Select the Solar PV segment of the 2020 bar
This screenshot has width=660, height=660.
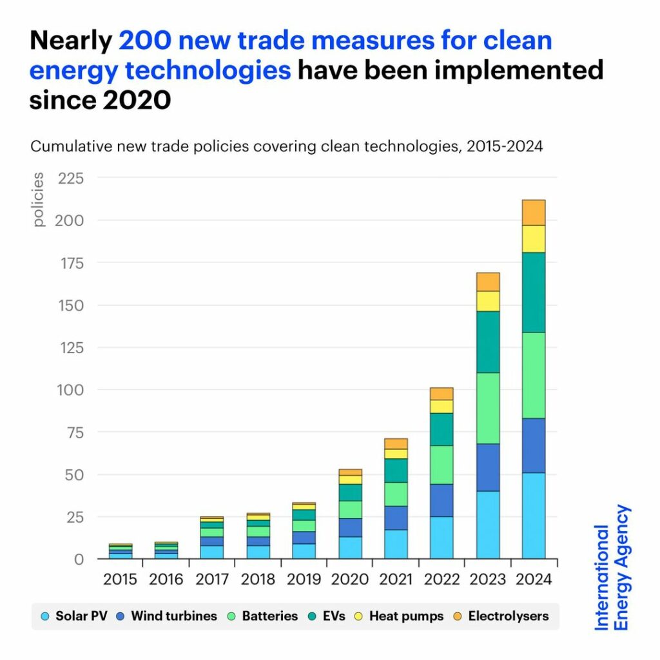click(x=351, y=547)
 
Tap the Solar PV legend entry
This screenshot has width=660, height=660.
click(x=73, y=616)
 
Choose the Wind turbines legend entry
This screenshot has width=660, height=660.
click(x=166, y=616)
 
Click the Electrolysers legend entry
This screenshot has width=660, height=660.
click(x=501, y=616)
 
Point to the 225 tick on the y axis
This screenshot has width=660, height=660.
click(x=71, y=178)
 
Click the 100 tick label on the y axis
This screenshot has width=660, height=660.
click(x=71, y=389)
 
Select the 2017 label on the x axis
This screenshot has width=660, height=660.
click(x=211, y=579)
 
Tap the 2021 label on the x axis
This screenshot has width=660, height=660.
click(x=396, y=579)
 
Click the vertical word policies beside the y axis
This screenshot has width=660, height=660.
click(x=39, y=199)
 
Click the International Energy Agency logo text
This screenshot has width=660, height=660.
click(x=612, y=567)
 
